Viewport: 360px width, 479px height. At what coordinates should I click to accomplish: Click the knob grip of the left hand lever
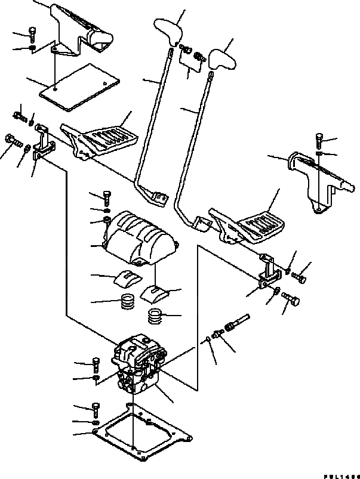(x=168, y=29)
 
